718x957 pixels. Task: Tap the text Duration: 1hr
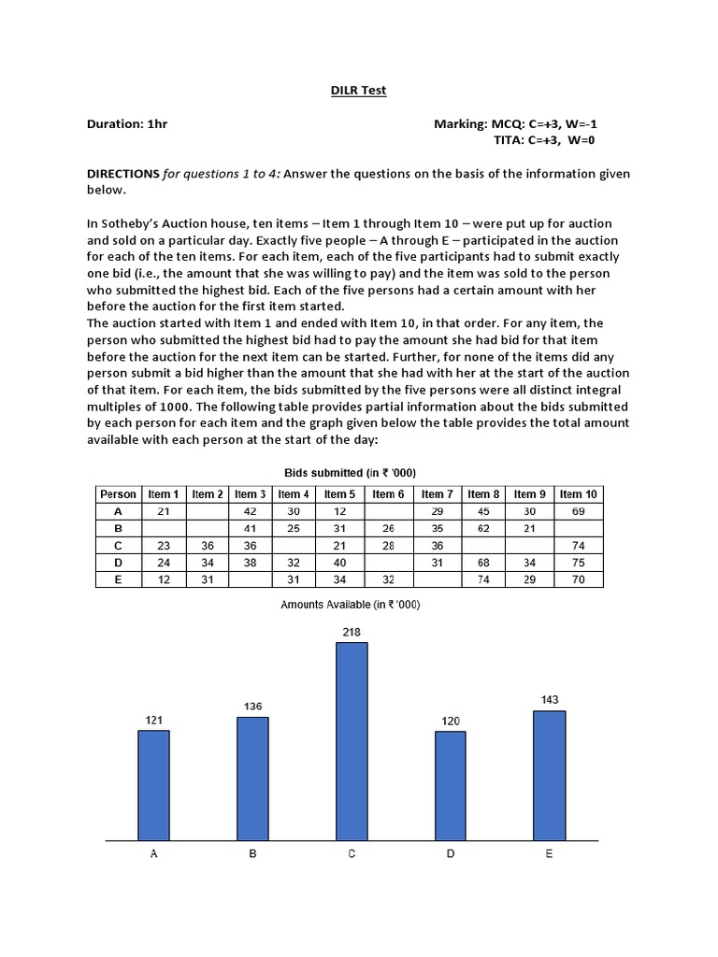[127, 123]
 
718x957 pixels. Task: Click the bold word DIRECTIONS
[123, 174]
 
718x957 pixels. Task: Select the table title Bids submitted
[350, 472]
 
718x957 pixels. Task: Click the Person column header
[118, 494]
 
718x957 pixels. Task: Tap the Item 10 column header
[578, 494]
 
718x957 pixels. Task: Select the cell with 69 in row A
[578, 511]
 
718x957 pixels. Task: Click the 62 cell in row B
[483, 528]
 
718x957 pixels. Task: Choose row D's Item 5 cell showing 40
[339, 563]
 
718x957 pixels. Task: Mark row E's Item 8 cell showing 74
[483, 579]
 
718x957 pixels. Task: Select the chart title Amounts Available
[351, 605]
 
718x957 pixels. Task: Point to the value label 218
[352, 633]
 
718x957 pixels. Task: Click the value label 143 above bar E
[550, 700]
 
